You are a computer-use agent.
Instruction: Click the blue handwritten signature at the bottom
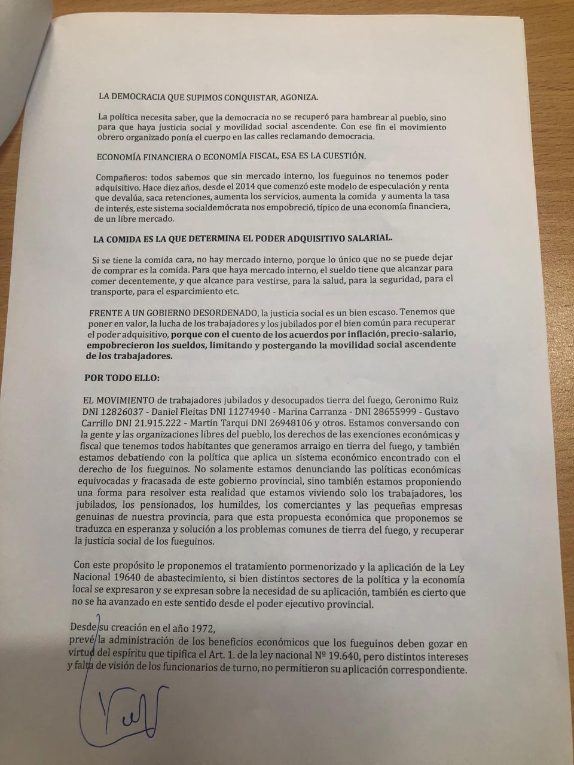pos(120,714)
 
